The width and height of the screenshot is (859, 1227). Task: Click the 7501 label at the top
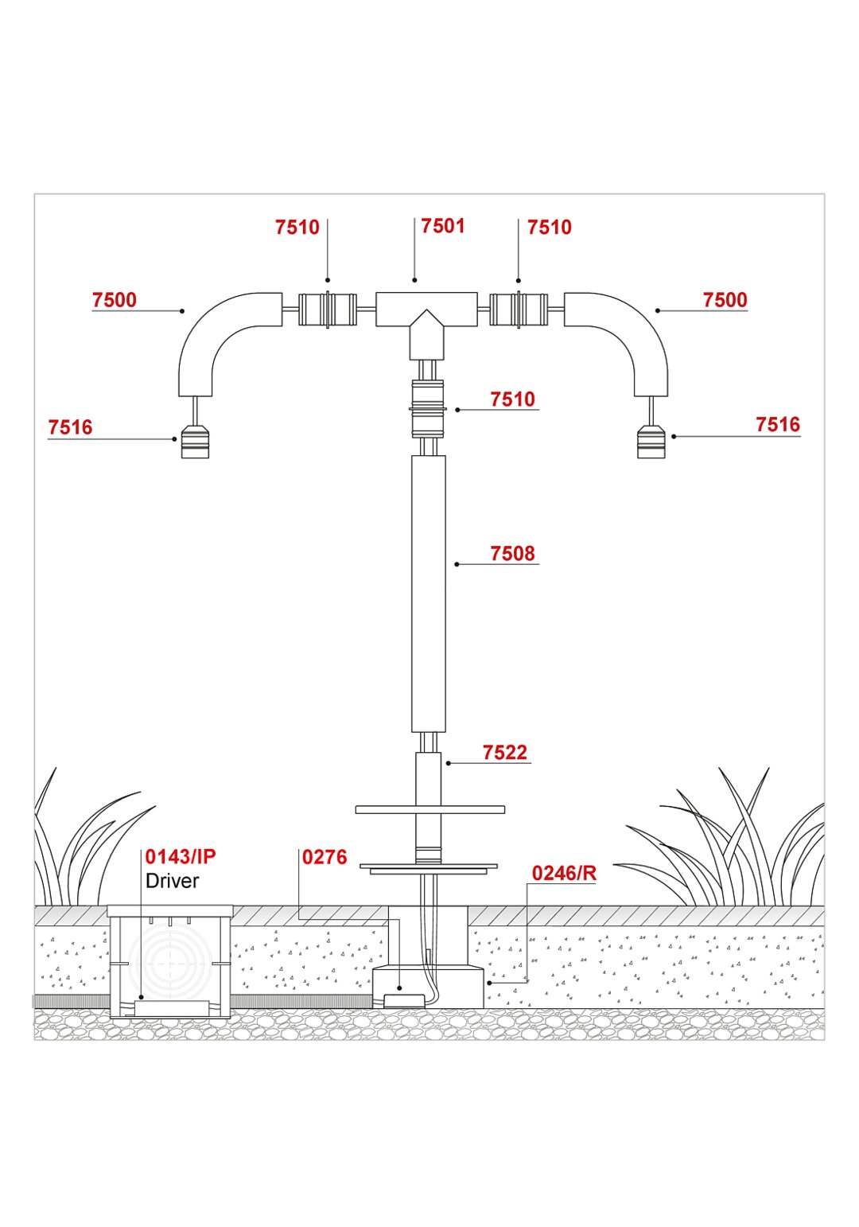tap(442, 226)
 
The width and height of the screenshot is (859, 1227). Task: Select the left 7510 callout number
tap(297, 228)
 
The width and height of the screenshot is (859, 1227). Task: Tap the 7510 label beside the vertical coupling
tap(512, 399)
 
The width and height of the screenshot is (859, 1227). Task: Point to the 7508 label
tap(512, 554)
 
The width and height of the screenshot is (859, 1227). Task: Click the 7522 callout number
tap(504, 753)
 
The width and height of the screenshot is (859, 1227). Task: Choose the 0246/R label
tap(564, 873)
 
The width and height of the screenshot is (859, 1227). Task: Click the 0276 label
tap(325, 857)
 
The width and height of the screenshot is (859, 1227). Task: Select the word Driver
tap(172, 881)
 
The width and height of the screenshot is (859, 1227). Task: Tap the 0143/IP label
tap(180, 857)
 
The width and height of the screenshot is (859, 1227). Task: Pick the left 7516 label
tap(70, 427)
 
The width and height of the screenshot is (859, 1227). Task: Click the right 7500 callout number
tap(725, 300)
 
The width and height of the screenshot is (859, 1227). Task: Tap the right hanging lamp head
tap(651, 441)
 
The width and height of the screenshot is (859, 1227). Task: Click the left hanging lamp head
tap(195, 442)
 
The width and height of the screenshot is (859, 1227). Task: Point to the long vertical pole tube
tap(428, 593)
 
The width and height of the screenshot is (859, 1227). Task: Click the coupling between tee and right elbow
tap(518, 310)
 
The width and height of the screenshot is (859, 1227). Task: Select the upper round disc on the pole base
tap(429, 809)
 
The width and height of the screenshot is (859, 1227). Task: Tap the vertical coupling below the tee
tap(427, 408)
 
